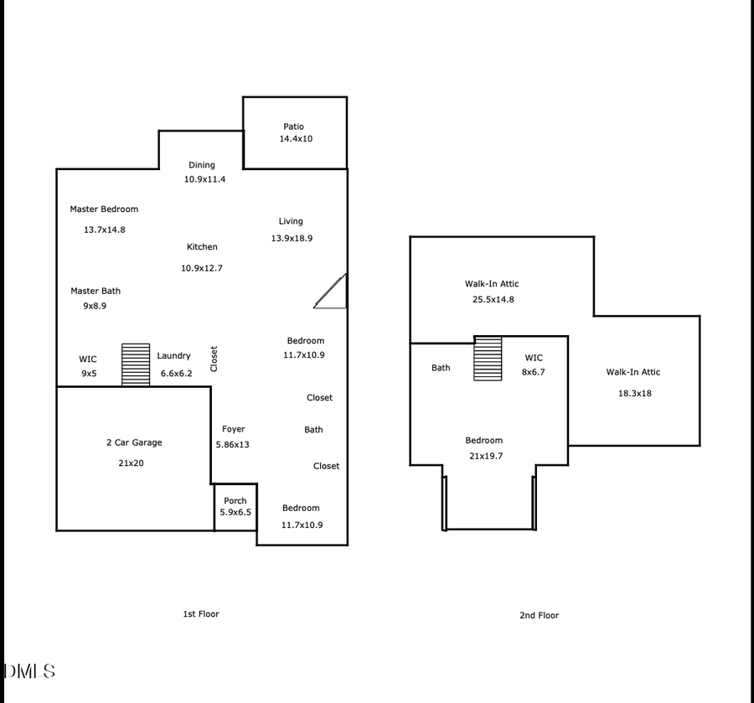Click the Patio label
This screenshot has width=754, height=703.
click(x=293, y=127)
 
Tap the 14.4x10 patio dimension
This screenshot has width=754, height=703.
click(x=296, y=139)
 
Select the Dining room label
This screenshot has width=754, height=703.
click(x=202, y=165)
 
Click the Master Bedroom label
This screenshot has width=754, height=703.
click(x=104, y=209)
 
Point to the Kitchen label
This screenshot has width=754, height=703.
click(x=202, y=247)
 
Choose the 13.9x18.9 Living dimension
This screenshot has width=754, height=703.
click(x=291, y=238)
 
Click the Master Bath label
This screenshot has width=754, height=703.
click(x=96, y=291)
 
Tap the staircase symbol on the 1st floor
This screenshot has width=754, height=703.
click(x=135, y=364)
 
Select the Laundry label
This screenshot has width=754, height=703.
click(x=174, y=356)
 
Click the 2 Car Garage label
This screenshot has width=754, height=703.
click(x=134, y=442)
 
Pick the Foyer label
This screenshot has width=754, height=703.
click(x=234, y=430)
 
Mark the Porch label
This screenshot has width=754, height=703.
click(x=235, y=501)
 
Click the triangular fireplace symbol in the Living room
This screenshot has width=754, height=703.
click(x=333, y=293)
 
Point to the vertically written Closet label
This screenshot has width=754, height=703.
click(x=214, y=359)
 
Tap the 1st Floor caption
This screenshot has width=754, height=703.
click(x=201, y=614)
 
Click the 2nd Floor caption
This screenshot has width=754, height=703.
click(x=539, y=615)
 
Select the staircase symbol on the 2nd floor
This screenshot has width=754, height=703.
click(x=488, y=359)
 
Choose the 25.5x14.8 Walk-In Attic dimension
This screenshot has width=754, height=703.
click(x=492, y=298)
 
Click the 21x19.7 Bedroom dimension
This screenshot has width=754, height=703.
click(x=484, y=456)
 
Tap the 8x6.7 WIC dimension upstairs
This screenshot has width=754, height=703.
click(x=534, y=372)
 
